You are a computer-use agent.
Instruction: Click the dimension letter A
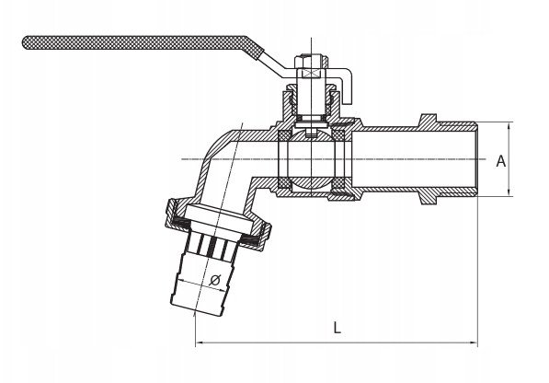click(501, 161)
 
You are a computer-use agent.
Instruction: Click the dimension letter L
click(337, 329)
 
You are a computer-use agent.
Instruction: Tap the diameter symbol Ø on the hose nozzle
click(215, 280)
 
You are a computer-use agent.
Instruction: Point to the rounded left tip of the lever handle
click(25, 42)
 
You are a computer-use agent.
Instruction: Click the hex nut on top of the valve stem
click(311, 61)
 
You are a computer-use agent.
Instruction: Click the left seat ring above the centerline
click(283, 135)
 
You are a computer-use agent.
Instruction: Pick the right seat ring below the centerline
click(338, 183)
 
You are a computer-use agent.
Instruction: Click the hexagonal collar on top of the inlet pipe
click(428, 120)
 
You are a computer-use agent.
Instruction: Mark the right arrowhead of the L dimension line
click(475, 342)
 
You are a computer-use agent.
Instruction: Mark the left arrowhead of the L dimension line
click(198, 342)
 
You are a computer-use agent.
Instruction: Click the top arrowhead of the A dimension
click(509, 125)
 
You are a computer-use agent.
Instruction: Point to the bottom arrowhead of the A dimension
click(509, 192)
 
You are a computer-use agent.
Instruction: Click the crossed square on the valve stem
click(311, 74)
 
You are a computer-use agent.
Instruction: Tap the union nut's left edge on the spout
click(169, 212)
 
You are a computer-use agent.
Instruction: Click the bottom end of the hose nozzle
click(196, 309)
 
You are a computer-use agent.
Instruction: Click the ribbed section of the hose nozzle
click(212, 242)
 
